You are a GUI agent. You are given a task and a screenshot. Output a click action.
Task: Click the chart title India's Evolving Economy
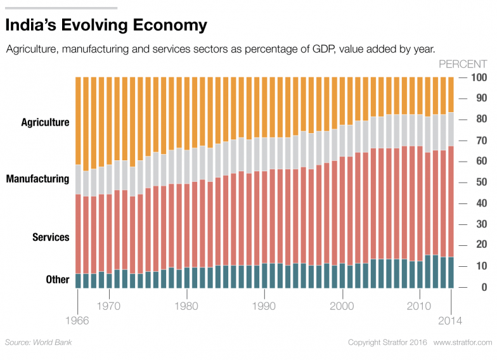[106, 25]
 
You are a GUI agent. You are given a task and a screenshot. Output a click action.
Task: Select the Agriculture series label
[45, 122]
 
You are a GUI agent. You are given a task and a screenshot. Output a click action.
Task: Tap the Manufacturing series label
[37, 179]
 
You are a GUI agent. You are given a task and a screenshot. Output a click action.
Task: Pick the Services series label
[51, 237]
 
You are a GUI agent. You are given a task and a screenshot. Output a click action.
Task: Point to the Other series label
[58, 280]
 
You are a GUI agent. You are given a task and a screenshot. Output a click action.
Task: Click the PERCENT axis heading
[463, 64]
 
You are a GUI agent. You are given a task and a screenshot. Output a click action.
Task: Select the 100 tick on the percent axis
[478, 78]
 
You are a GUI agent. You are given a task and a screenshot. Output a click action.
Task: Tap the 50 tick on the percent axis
[481, 183]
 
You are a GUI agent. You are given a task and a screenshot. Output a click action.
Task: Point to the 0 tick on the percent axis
[483, 288]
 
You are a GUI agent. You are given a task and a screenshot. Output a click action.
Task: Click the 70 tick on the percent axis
[481, 141]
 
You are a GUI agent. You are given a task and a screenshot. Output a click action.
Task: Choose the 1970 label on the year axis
[110, 305]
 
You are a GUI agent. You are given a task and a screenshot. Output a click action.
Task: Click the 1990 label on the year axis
[264, 305]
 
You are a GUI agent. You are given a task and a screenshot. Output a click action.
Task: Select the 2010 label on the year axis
[419, 305]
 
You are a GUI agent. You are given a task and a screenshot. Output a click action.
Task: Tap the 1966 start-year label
[77, 320]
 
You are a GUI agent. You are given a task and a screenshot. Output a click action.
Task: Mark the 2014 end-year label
[451, 320]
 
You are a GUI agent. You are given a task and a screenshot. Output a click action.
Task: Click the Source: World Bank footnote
[39, 342]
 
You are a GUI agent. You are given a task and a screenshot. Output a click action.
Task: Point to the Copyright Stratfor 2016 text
[387, 342]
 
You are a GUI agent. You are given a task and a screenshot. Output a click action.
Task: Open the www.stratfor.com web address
[463, 342]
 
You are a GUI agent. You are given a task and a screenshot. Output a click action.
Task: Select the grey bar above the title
[61, 8]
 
